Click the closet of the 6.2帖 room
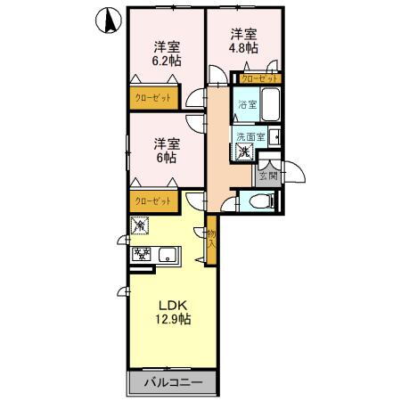153,98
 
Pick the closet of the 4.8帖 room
259,79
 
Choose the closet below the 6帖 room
153,201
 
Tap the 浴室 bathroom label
247,105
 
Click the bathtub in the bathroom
271,106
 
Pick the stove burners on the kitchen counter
141,255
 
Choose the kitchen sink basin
168,256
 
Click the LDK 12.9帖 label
172,311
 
